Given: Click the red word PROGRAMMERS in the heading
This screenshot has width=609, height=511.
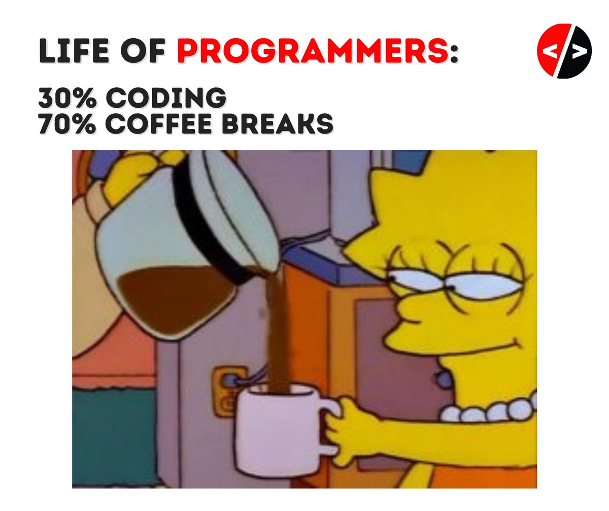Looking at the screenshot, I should tap(313, 53).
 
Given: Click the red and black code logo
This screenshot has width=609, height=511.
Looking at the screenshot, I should tap(564, 51).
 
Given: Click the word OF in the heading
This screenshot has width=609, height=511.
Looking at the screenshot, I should tap(145, 53).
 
